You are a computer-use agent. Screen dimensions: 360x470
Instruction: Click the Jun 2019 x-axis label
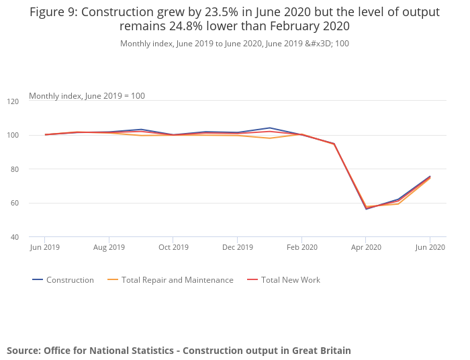(x=44, y=247)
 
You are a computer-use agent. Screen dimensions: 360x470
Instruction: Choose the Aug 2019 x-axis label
(x=109, y=247)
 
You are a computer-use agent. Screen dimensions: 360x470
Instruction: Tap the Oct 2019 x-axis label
(x=173, y=247)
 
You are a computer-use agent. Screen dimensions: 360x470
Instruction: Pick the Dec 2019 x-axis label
(x=237, y=247)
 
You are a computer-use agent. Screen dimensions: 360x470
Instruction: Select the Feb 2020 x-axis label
(x=301, y=247)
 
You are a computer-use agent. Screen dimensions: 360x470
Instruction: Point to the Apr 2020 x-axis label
(x=366, y=247)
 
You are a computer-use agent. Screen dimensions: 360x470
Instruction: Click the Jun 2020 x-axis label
(x=430, y=247)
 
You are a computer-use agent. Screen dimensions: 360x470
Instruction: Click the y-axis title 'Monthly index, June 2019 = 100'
(x=87, y=96)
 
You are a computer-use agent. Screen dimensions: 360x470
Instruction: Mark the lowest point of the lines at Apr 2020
(x=366, y=208)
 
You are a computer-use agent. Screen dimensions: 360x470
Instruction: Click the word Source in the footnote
(x=23, y=351)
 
